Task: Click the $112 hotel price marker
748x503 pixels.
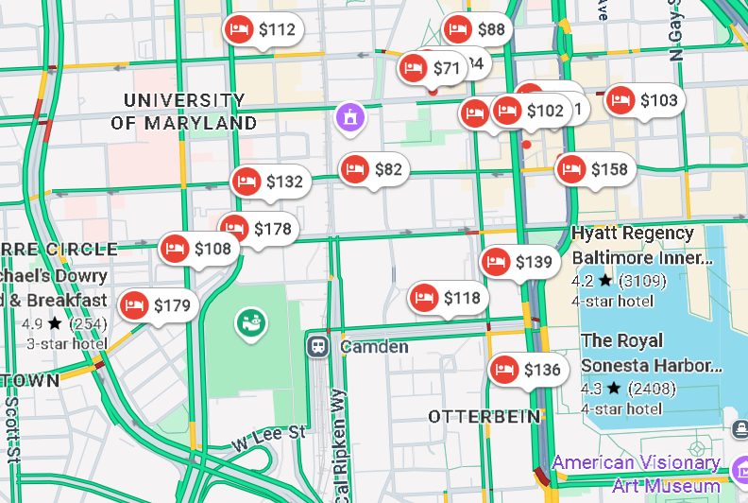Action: (x=263, y=30)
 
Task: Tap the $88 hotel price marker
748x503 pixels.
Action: (x=478, y=29)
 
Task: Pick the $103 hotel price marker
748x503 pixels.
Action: (x=644, y=100)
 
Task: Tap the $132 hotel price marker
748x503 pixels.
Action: (x=270, y=182)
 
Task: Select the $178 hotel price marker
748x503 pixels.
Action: (x=259, y=229)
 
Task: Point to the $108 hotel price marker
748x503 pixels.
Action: (x=198, y=250)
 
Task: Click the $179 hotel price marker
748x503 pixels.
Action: (x=158, y=305)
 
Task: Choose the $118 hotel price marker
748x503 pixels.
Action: (x=449, y=299)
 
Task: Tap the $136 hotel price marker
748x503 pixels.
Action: (x=528, y=370)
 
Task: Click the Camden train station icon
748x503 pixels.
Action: (x=318, y=345)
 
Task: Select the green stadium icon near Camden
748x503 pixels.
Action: (x=250, y=323)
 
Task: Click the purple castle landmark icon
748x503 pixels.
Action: (x=350, y=118)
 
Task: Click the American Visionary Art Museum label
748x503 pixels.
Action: (x=638, y=474)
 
